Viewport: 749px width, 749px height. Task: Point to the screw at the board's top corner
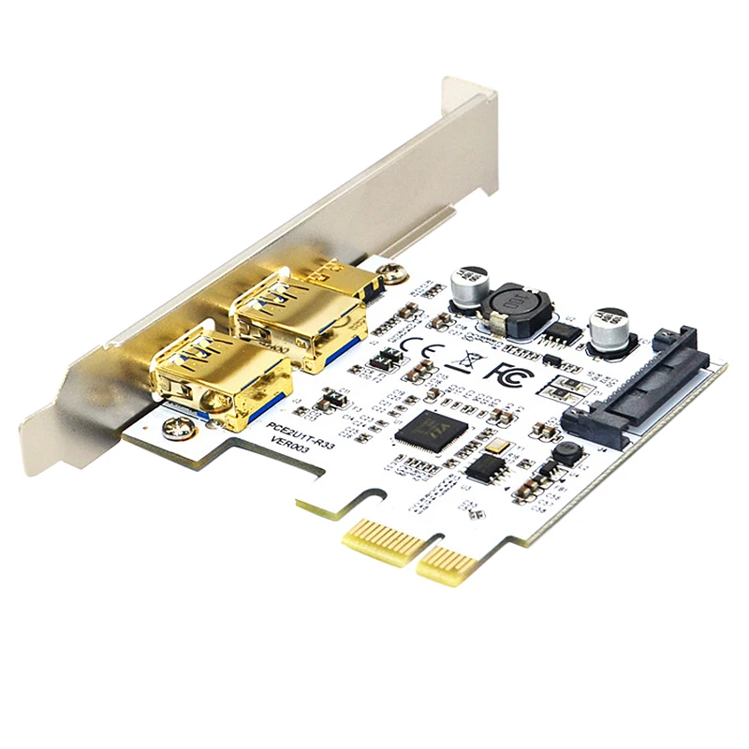coord(395,273)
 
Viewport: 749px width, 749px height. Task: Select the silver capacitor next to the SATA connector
coord(610,329)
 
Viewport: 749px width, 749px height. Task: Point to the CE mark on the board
coord(414,346)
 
